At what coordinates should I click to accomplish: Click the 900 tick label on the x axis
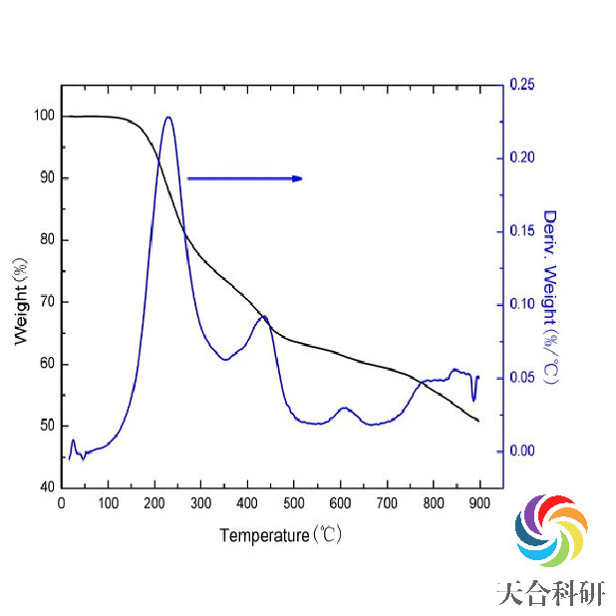pos(479,504)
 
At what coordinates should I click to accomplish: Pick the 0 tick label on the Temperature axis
pos(62,504)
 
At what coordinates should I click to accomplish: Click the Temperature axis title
pos(281,535)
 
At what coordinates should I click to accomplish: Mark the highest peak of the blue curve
pos(168,117)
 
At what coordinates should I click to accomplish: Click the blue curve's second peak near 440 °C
pos(264,316)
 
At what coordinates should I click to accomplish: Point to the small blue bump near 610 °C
pos(345,408)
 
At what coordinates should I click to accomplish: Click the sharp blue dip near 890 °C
pos(473,400)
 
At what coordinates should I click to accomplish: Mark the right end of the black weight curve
pos(478,421)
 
